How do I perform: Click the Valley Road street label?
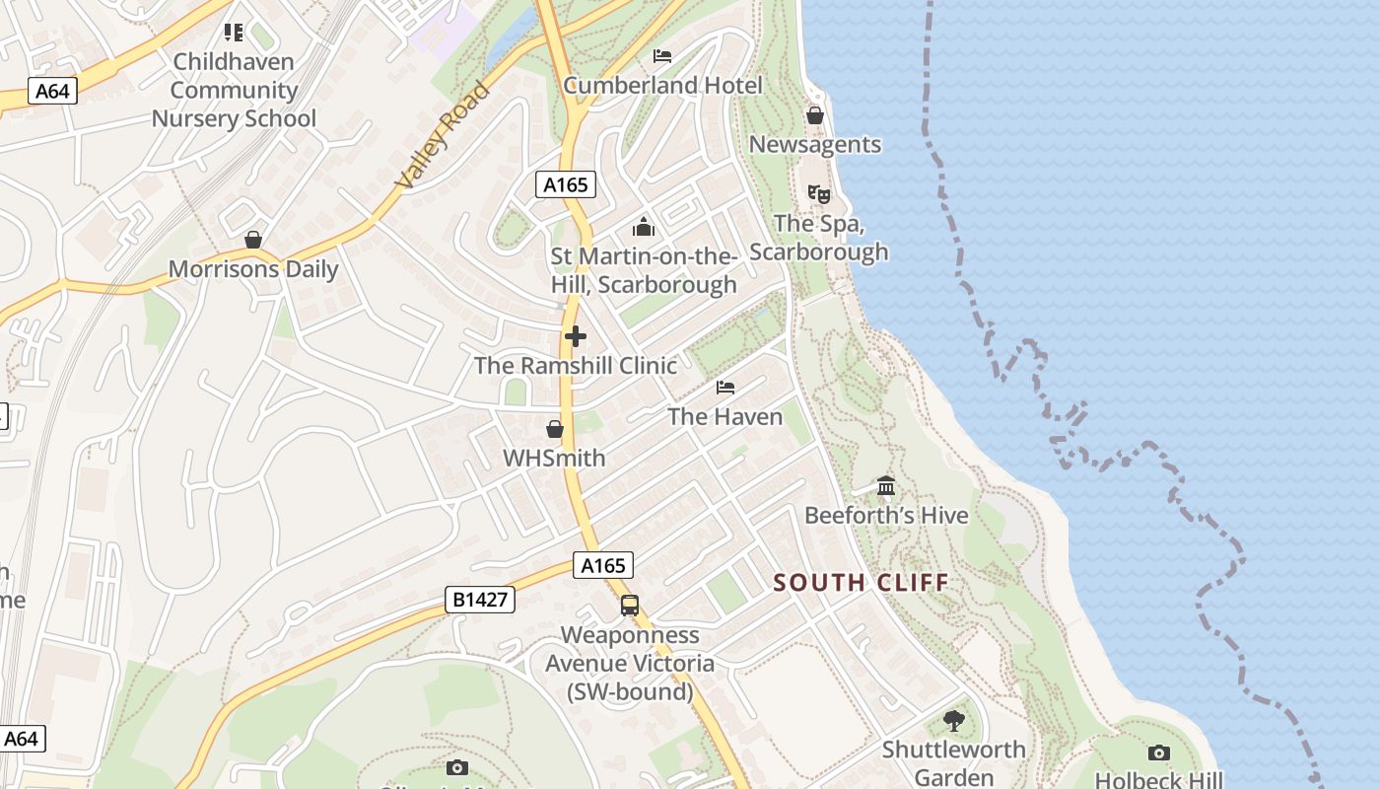(443, 135)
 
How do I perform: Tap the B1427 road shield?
(480, 599)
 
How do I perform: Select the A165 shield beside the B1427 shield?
(603, 565)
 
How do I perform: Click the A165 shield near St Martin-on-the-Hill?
(566, 183)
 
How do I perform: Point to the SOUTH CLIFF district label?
(861, 582)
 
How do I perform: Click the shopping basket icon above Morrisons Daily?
(253, 240)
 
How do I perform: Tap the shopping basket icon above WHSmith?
(555, 429)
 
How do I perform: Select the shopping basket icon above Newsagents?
(815, 115)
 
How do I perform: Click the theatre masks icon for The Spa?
(818, 194)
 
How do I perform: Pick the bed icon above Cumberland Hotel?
(662, 56)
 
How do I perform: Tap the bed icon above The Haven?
(725, 388)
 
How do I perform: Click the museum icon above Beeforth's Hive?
(886, 486)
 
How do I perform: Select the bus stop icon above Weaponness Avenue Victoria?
(630, 606)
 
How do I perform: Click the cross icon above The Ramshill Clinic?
(576, 336)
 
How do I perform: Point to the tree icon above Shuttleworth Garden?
(953, 720)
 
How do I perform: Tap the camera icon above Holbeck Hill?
(1159, 753)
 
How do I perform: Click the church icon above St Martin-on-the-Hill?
(644, 228)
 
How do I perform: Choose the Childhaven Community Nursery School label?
(234, 90)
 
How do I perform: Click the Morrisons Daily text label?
(253, 269)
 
